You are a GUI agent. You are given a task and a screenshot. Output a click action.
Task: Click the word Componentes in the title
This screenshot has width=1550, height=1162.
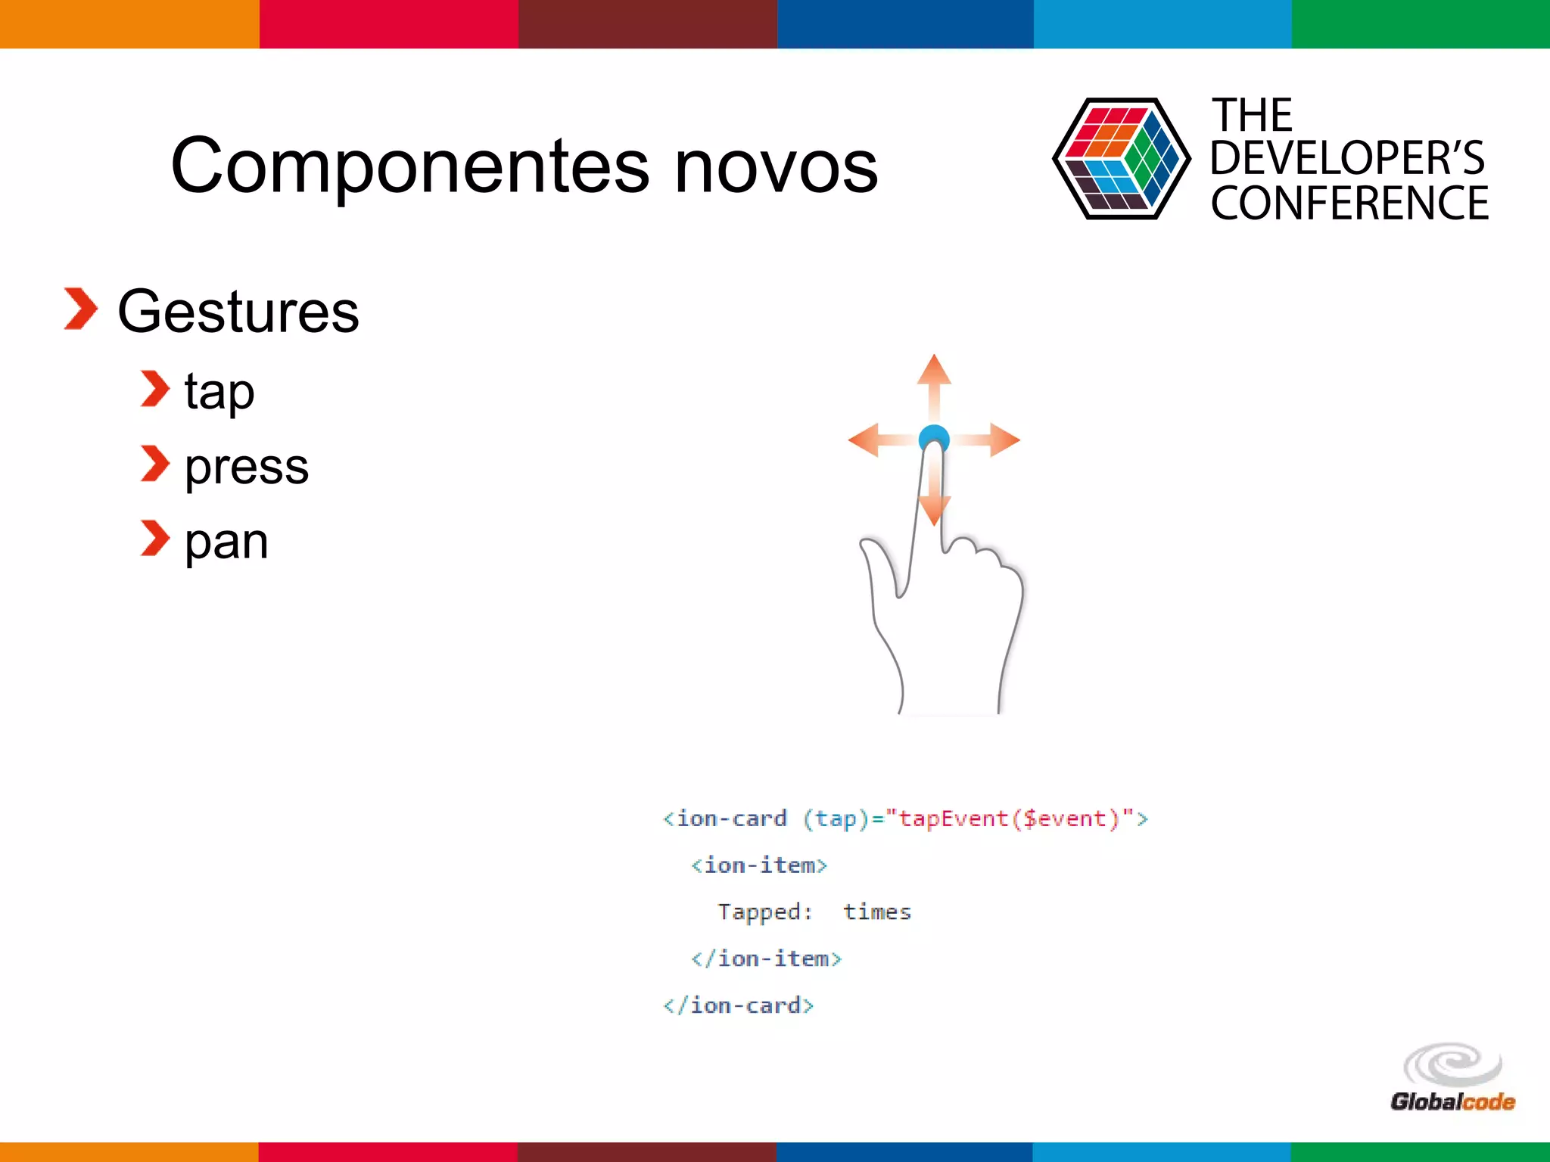pyautogui.click(x=409, y=166)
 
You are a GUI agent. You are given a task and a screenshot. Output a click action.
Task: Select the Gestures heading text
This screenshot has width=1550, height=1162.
pyautogui.click(x=238, y=312)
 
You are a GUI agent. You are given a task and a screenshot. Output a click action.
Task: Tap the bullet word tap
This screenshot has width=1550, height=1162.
pyautogui.click(x=219, y=392)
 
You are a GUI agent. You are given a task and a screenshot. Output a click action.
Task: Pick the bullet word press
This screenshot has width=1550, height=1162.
pyautogui.click(x=247, y=466)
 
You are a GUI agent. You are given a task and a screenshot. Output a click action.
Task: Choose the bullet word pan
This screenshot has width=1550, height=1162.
pyautogui.click(x=226, y=542)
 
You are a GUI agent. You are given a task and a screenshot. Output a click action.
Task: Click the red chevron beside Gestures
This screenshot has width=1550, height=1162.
pyautogui.click(x=80, y=309)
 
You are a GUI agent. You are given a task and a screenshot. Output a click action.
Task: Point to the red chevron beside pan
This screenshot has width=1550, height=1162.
pyautogui.click(x=155, y=539)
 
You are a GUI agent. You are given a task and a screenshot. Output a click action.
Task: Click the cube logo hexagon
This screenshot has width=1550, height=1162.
pyautogui.click(x=1121, y=159)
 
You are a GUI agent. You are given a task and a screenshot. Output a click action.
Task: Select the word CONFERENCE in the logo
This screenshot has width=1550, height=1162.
pyautogui.click(x=1349, y=204)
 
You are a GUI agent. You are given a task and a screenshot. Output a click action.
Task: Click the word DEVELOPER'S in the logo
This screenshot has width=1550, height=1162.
pyautogui.click(x=1347, y=158)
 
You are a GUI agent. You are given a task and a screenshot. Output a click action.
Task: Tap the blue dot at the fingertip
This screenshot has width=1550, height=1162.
pyautogui.click(x=933, y=437)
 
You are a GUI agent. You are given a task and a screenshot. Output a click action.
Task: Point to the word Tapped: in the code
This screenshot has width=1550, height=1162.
pyautogui.click(x=764, y=912)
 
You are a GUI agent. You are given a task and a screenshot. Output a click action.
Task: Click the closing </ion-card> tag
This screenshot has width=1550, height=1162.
pyautogui.click(x=739, y=1005)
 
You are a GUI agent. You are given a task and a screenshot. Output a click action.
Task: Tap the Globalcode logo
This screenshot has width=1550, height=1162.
pyautogui.click(x=1452, y=1078)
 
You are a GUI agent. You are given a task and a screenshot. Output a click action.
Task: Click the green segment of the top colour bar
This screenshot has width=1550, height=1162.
pyautogui.click(x=1421, y=23)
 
